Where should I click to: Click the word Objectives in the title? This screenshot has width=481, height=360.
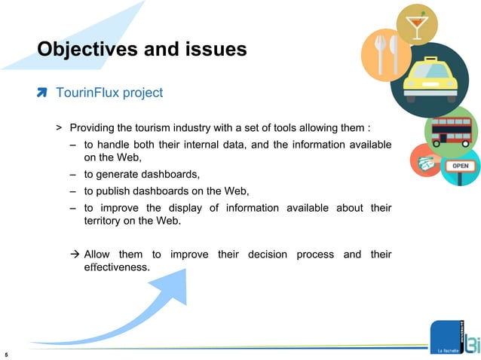(87, 50)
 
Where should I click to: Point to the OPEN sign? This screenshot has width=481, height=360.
(460, 166)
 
